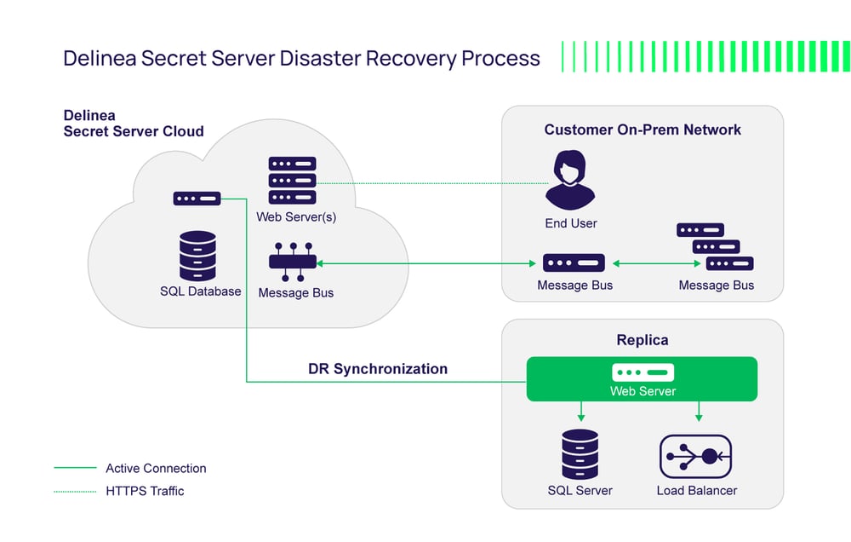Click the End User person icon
(570, 180)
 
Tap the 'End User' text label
(571, 223)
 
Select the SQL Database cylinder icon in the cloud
(197, 256)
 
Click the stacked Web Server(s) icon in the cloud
(292, 180)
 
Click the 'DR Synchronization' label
(377, 369)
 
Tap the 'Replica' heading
(642, 340)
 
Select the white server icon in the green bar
(643, 372)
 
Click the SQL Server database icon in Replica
(580, 454)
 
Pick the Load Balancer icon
(696, 457)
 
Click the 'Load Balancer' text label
(696, 491)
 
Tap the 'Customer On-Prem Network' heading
(643, 130)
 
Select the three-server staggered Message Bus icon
(715, 247)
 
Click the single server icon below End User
(574, 262)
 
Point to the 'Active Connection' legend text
(156, 468)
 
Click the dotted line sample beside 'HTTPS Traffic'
(75, 491)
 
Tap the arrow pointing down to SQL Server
(580, 412)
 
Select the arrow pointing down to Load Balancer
(699, 412)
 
